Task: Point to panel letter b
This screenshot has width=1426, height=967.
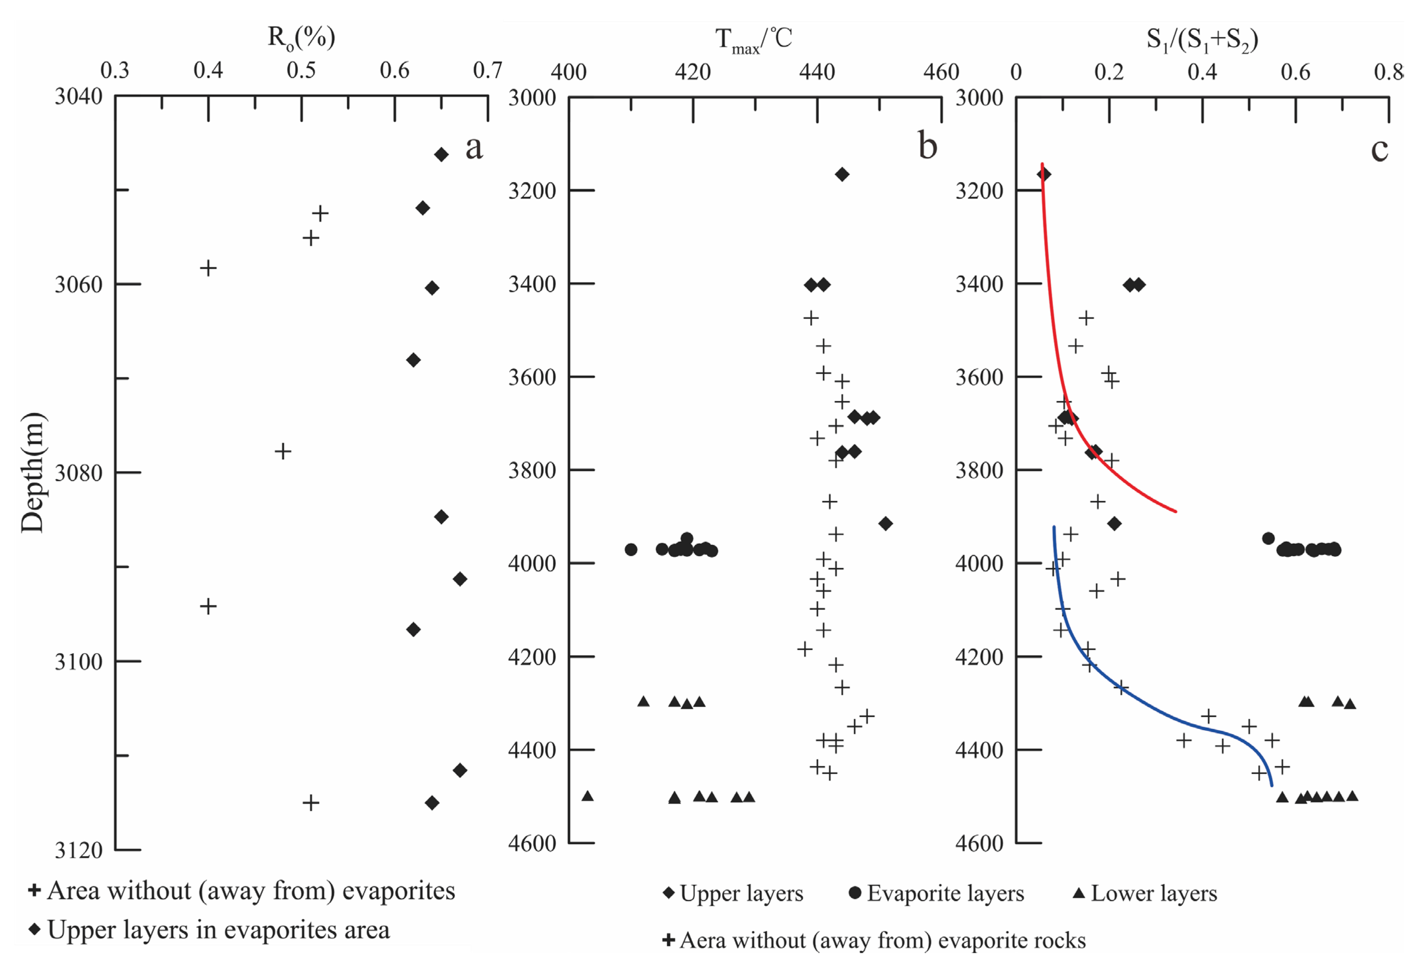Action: tap(927, 147)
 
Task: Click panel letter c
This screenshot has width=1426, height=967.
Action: tap(1379, 149)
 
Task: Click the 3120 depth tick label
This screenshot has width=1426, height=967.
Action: tap(79, 850)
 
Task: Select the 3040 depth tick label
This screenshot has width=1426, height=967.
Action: tap(79, 96)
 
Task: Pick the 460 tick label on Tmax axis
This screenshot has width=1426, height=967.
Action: tap(941, 72)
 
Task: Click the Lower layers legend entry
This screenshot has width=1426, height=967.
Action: tap(1145, 893)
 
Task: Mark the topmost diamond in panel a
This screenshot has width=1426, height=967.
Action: tap(441, 154)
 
